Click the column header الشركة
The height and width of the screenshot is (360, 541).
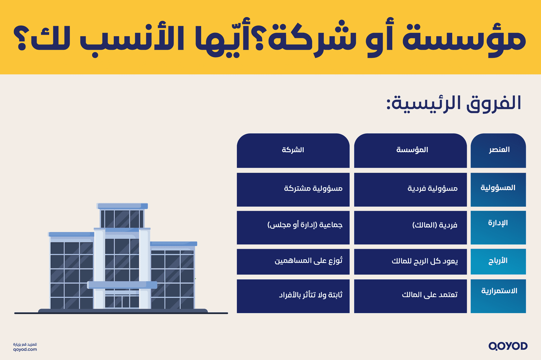click(x=293, y=150)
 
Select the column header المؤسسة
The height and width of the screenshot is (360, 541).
click(x=412, y=150)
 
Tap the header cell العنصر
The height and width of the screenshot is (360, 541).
click(x=499, y=150)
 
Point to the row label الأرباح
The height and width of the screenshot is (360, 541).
click(x=498, y=261)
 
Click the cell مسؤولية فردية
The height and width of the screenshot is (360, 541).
click(x=432, y=189)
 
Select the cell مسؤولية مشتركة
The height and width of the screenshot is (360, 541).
click(x=313, y=189)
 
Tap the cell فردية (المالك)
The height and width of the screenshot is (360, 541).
click(x=435, y=225)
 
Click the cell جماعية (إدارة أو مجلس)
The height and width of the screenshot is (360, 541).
click(x=305, y=225)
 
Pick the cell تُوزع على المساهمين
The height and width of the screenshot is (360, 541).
click(x=308, y=261)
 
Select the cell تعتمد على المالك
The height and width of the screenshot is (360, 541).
click(x=430, y=295)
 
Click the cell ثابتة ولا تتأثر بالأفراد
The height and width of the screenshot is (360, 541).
click(x=310, y=295)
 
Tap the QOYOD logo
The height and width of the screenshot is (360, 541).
click(x=508, y=346)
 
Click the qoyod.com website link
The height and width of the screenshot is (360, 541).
click(x=25, y=350)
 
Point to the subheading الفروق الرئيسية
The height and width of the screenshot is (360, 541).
click(x=454, y=104)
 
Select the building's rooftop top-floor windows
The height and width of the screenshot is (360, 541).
click(x=122, y=218)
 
